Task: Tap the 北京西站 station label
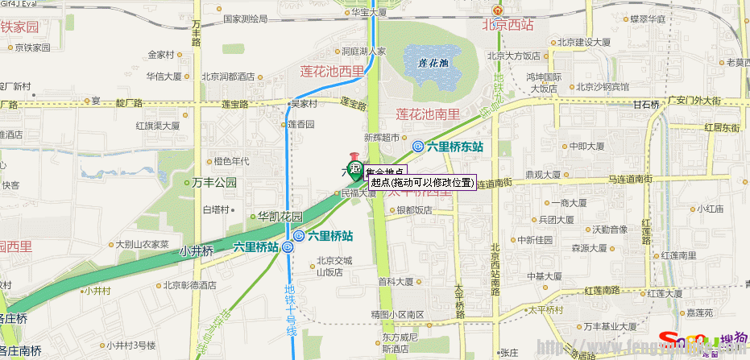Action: [x=507, y=25]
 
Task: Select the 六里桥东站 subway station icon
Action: [x=418, y=146]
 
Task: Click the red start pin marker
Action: [x=353, y=159]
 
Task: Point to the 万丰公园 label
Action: [x=215, y=183]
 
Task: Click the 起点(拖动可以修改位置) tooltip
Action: [x=421, y=183]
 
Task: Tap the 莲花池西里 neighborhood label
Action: [x=332, y=72]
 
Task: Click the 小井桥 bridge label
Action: [x=197, y=251]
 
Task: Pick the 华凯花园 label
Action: [x=280, y=217]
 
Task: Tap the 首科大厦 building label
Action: [x=395, y=282]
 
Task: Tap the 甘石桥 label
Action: [x=646, y=105]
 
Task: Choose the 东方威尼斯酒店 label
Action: [x=401, y=343]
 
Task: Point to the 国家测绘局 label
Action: [x=245, y=18]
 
